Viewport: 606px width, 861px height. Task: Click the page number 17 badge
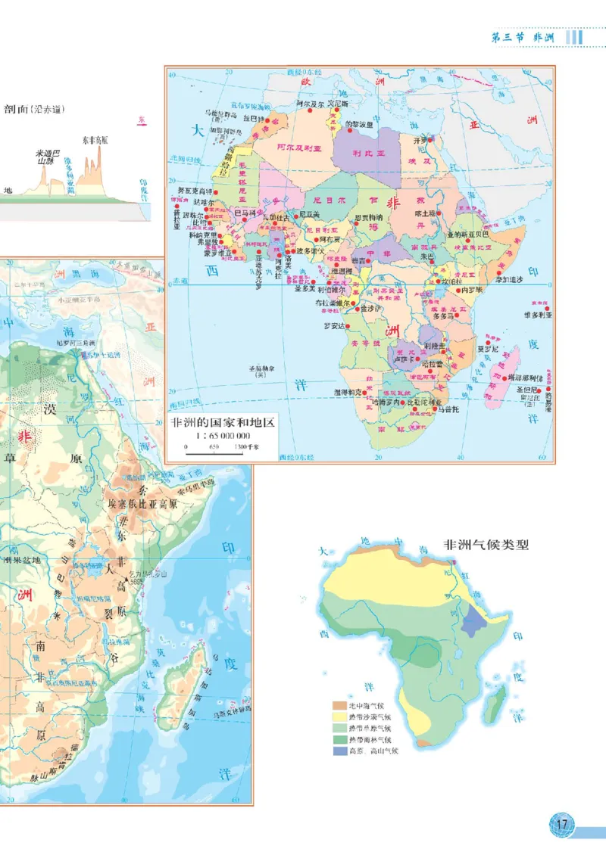point(561,824)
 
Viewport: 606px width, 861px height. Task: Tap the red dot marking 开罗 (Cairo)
point(430,139)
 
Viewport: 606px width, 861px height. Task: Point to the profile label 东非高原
point(95,141)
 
